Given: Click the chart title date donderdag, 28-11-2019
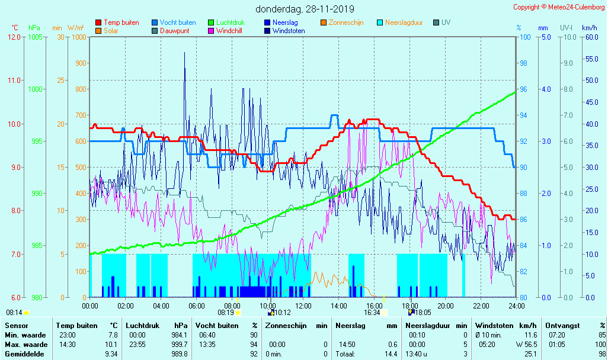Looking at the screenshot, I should (305, 9).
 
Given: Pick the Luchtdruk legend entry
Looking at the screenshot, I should (235, 22).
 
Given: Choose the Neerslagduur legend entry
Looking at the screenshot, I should (404, 22).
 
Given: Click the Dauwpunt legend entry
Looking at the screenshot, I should (174, 31).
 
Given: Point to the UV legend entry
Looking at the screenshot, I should (446, 22).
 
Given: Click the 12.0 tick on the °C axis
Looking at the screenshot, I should (14, 37).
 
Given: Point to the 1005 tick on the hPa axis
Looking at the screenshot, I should (35, 37).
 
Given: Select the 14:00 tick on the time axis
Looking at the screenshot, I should (338, 306).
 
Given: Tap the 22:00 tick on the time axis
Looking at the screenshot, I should (481, 306).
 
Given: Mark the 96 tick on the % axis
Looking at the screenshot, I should (524, 89).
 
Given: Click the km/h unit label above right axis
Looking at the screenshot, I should (589, 28).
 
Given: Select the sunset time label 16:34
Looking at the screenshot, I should (373, 313).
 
